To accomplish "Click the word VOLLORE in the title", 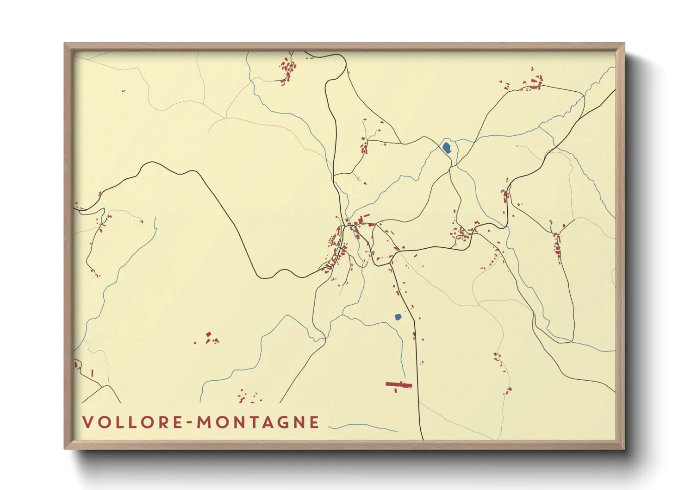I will coord(132,422).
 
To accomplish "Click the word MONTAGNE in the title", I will coord(258,422).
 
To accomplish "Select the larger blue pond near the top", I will coord(447,148).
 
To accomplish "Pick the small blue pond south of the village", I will coord(398,317).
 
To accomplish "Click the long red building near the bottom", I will coord(399,384).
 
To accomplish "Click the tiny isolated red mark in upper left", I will coord(123,91).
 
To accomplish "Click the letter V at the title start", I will coord(87,422).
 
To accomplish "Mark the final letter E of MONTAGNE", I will coord(315,422).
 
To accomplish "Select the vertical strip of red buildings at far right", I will coord(557,245).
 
